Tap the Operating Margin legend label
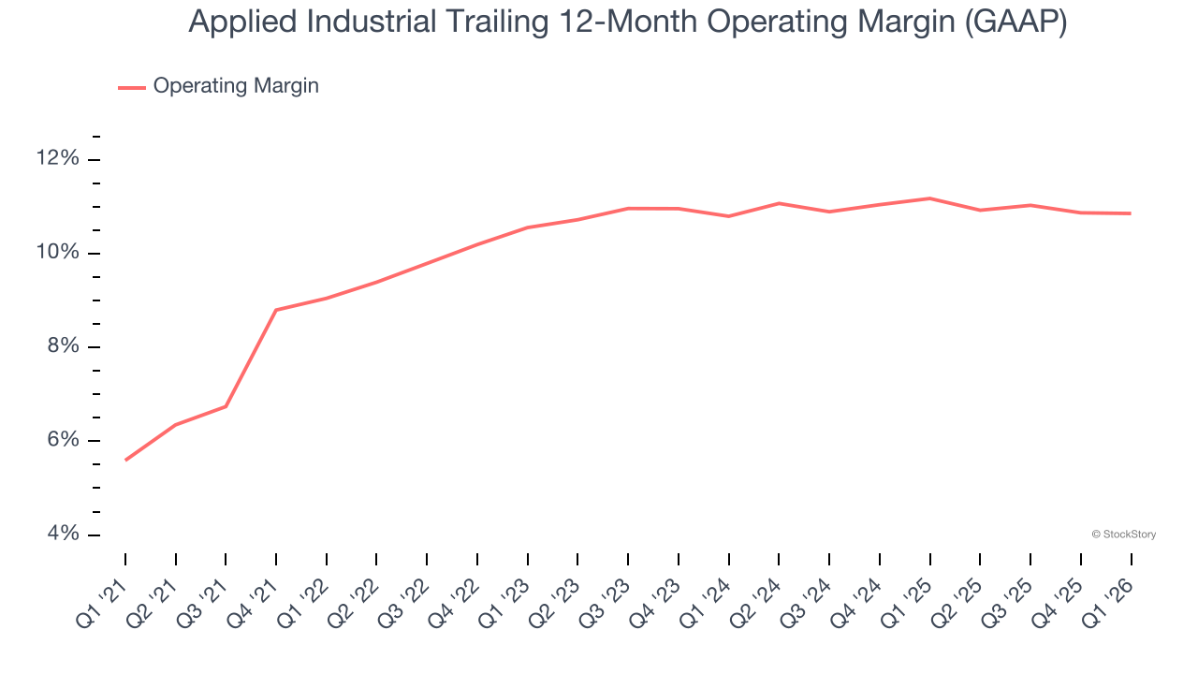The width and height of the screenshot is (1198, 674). point(236,86)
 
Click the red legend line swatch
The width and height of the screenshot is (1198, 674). point(132,87)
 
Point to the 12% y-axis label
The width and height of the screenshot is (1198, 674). point(58,158)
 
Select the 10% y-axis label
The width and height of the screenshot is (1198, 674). point(58,253)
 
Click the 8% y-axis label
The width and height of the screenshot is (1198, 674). point(63,346)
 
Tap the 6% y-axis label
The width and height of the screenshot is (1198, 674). point(63,440)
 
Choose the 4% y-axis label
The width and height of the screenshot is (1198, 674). point(63,534)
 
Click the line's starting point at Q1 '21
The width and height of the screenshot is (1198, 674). point(125,460)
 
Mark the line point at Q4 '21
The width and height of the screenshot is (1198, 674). point(276,310)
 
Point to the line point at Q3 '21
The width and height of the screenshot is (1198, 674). point(226,406)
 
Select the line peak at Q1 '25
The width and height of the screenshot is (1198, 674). point(929,198)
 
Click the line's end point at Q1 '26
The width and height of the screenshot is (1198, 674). point(1131,213)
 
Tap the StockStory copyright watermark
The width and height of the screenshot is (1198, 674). point(1123,535)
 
